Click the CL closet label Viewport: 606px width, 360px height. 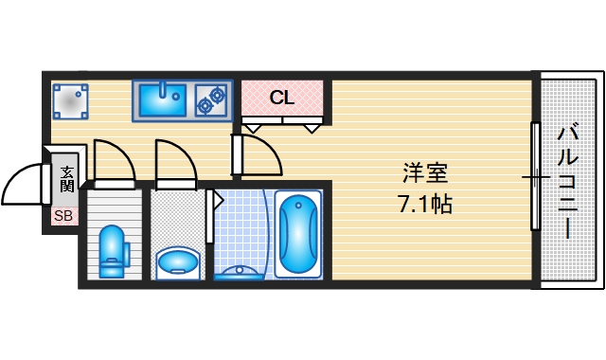coord(282,97)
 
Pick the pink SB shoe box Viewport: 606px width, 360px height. coord(63,216)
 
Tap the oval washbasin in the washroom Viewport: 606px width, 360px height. coord(177,259)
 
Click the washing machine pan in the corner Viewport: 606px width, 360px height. coord(69,99)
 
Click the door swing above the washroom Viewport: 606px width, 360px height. coord(177,161)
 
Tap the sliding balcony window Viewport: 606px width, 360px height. coord(535,176)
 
